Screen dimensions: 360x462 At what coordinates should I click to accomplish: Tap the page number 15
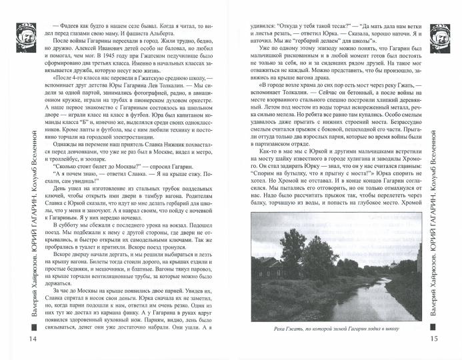pyautogui.click(x=447, y=341)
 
